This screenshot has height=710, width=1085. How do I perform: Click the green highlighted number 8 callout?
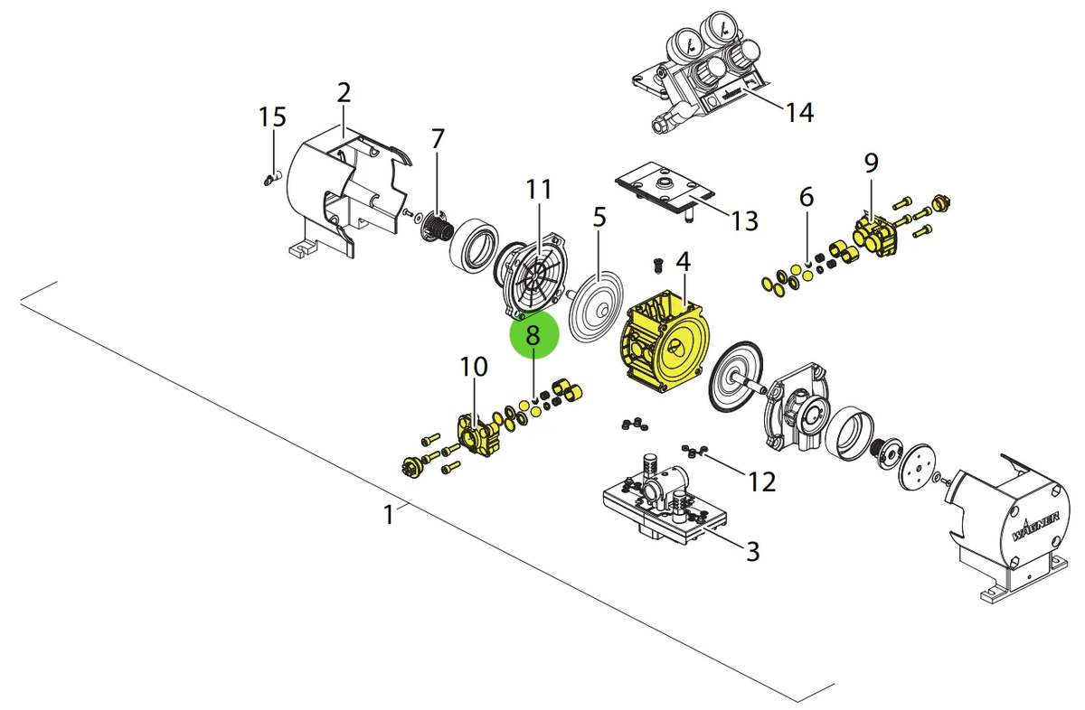coord(534,334)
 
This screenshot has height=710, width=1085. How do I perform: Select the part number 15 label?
coord(272,117)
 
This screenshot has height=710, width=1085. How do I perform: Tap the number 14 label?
coord(799,113)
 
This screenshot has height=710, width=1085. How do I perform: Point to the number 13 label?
coord(744,221)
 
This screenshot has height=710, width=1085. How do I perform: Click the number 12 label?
coord(762,481)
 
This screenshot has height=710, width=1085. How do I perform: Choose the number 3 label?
coord(752,551)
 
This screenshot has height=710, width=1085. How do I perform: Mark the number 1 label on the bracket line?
coord(389,515)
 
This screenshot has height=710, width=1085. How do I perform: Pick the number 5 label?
coord(599,217)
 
